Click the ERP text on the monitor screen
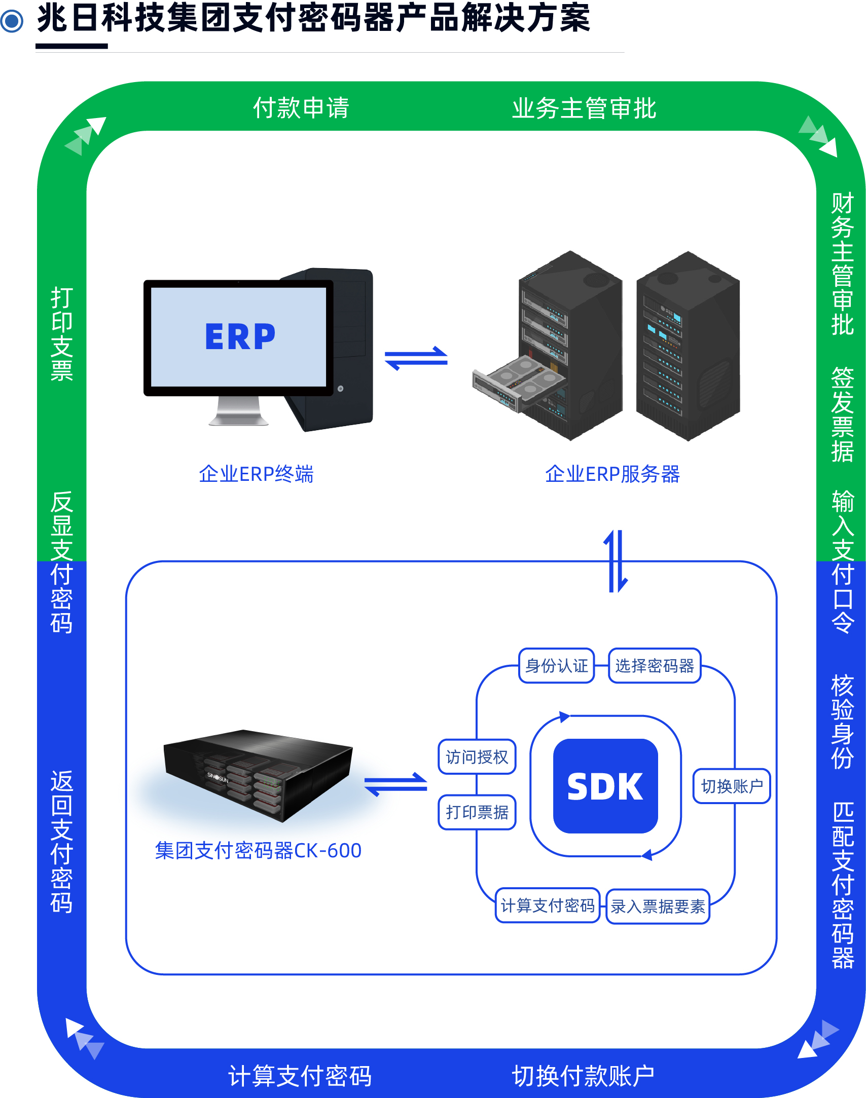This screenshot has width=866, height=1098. [240, 336]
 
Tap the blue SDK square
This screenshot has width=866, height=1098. [605, 786]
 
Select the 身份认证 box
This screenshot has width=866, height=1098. [557, 666]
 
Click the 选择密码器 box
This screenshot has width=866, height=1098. [655, 666]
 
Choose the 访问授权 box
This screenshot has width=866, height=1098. [477, 757]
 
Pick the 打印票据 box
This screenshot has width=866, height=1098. [477, 812]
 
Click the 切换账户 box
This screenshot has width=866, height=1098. [732, 786]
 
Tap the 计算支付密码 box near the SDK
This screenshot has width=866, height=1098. [548, 905]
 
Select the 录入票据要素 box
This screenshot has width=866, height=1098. [658, 906]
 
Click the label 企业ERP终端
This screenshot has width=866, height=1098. [256, 474]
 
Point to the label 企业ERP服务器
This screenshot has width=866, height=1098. [612, 474]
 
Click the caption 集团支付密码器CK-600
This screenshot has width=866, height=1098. [258, 851]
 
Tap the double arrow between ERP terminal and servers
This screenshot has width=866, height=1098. [416, 358]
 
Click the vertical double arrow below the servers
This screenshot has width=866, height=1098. [616, 561]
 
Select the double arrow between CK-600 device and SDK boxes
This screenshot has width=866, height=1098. [396, 784]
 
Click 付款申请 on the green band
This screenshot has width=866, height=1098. [301, 108]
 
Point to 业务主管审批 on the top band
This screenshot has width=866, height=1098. [584, 108]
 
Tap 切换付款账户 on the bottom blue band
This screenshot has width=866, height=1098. [583, 1076]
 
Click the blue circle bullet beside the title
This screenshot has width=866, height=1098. [12, 21]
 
